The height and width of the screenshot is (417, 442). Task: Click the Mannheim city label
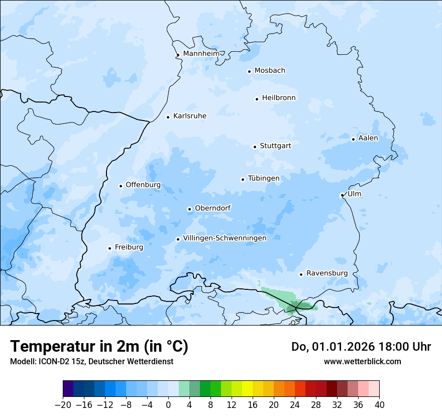[201, 54]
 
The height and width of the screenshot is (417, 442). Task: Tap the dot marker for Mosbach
[249, 71]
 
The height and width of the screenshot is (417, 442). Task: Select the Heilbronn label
[279, 98]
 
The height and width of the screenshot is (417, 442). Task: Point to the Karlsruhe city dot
[168, 117]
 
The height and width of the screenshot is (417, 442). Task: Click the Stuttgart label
[275, 146]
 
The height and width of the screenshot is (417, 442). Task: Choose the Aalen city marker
[353, 139]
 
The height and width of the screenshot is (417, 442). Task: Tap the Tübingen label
[264, 179]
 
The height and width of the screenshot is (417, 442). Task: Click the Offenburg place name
[143, 185]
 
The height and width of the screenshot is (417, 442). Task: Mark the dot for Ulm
[342, 195]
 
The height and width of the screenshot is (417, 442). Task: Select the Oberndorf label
[212, 208]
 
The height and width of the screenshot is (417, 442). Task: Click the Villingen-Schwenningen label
[225, 238]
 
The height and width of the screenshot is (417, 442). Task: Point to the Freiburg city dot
[109, 248]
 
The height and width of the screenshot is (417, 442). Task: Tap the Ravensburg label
[327, 273]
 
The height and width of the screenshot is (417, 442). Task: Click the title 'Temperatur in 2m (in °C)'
[99, 346]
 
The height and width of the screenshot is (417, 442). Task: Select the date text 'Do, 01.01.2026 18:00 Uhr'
[361, 347]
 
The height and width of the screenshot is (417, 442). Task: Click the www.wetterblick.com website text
[362, 361]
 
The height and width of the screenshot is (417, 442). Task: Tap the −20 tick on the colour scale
[63, 405]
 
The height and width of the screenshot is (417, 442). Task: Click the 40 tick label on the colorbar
[379, 405]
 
